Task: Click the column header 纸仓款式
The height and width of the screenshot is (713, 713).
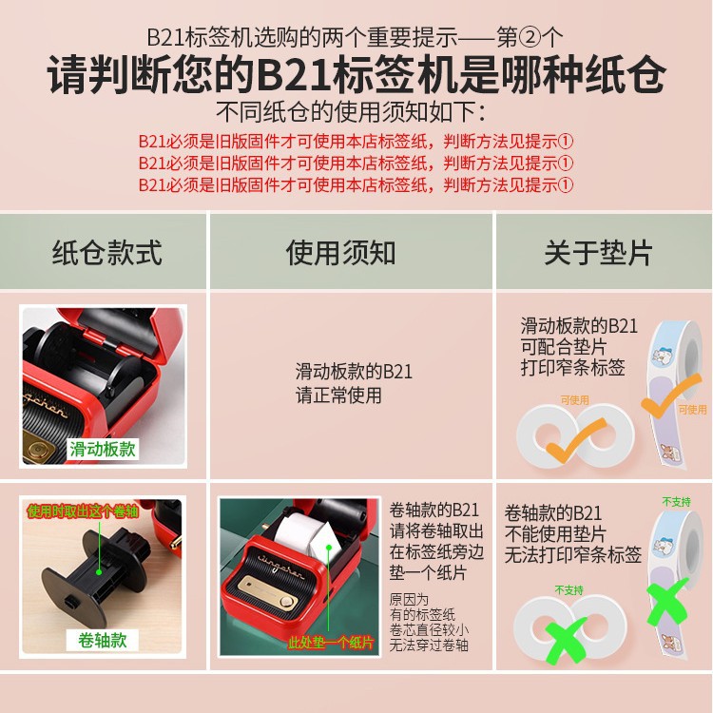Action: coord(106,253)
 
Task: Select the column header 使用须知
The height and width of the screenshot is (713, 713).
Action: coord(340,253)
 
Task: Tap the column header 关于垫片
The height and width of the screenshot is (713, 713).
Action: coord(598,253)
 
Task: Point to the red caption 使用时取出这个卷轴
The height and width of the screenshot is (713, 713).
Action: coord(83,511)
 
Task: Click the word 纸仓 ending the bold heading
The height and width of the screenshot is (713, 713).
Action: coord(631,75)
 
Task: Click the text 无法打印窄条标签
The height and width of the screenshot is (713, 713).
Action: coord(572,553)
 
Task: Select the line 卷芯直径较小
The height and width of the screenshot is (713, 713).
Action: coord(429,630)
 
